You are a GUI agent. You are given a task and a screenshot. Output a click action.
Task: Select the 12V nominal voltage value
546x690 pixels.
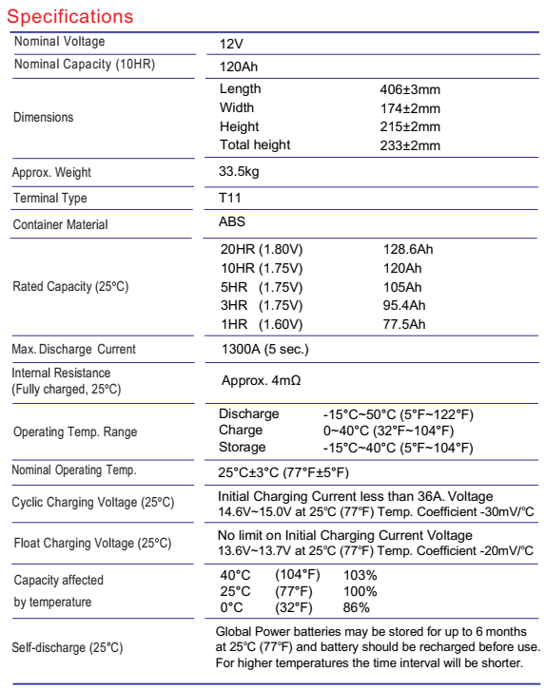click(231, 44)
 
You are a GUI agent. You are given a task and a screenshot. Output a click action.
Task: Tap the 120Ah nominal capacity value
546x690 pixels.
click(237, 67)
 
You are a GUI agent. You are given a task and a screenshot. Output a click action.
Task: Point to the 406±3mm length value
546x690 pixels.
click(409, 89)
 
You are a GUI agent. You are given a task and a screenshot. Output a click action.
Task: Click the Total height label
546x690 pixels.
click(255, 144)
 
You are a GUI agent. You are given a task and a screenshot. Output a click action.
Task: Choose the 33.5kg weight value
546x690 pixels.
click(241, 173)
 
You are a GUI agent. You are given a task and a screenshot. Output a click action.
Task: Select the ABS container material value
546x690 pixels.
click(231, 222)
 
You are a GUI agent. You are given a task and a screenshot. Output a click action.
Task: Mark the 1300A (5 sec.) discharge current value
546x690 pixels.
click(263, 349)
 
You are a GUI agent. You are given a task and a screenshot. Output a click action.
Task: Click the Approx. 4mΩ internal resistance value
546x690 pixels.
click(263, 379)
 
